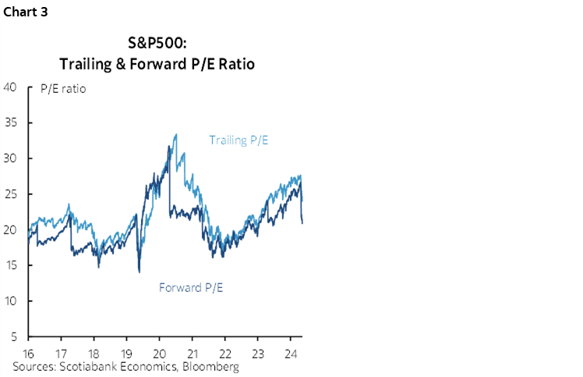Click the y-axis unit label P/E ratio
click(62, 88)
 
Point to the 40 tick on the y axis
click(11, 87)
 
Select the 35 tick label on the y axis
click(11, 123)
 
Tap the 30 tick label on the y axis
click(11, 158)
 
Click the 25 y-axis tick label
click(11, 194)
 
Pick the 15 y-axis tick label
click(11, 265)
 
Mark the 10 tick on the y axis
click(11, 301)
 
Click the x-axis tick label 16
click(29, 352)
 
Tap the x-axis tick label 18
click(94, 352)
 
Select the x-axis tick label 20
click(159, 352)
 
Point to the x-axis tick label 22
click(224, 352)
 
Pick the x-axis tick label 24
click(290, 352)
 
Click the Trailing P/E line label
click(243, 140)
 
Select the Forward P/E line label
click(191, 287)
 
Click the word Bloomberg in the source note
click(210, 365)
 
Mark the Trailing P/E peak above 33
click(175, 134)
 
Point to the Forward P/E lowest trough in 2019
click(139, 271)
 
